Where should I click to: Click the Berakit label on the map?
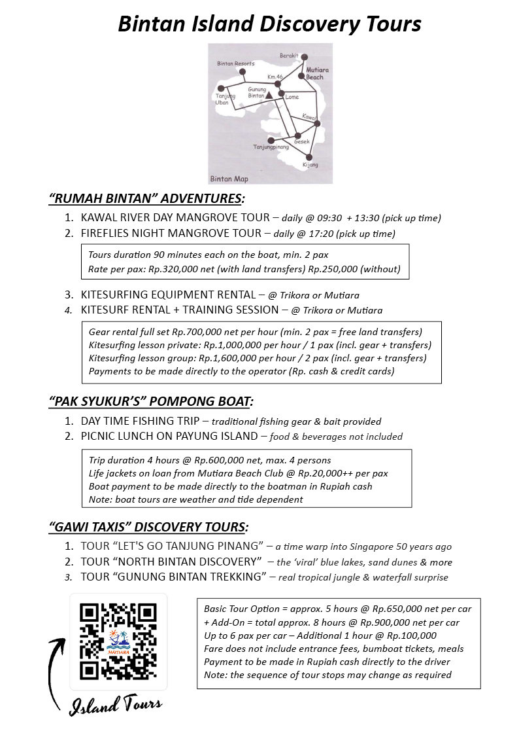[289, 56]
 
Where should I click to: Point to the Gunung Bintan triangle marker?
[269, 95]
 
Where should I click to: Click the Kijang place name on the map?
[310, 165]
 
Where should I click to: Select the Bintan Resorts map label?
[235, 63]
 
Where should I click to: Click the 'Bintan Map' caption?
[229, 178]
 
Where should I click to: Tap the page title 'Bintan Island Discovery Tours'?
[269, 24]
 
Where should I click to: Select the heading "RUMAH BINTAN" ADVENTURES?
[147, 198]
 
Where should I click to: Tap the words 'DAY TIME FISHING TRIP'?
[140, 421]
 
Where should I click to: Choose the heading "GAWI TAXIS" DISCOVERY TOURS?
[148, 526]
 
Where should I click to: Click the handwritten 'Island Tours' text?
[116, 705]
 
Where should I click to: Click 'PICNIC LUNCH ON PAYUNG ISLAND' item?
[169, 436]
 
